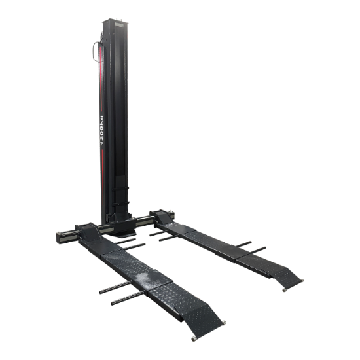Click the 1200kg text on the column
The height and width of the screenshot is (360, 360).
click(x=102, y=130)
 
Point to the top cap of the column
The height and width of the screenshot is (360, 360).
click(x=114, y=21)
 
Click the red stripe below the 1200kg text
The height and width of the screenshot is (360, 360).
click(x=102, y=177)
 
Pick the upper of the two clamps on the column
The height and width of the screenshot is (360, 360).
click(x=120, y=189)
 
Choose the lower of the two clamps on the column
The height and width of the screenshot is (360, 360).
click(x=121, y=204)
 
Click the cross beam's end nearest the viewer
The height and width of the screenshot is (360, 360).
click(x=60, y=238)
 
